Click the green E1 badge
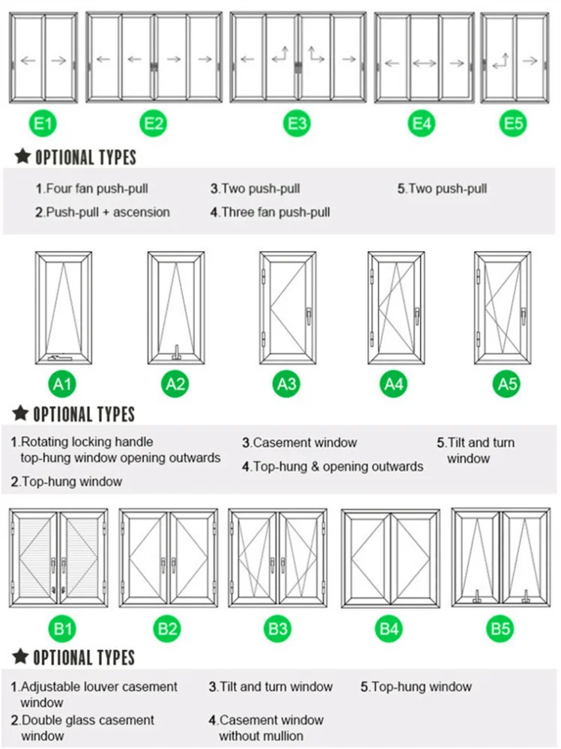click(43, 123)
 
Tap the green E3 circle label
click(297, 123)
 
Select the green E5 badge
click(514, 123)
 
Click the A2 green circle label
click(175, 384)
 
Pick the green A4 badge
click(394, 384)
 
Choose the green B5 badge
click(500, 628)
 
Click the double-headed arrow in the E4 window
click(424, 64)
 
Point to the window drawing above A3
click(287, 308)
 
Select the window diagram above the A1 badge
click(64, 308)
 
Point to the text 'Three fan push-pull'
click(275, 212)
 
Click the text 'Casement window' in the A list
click(304, 443)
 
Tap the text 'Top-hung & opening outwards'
click(337, 467)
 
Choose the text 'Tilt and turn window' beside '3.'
click(275, 687)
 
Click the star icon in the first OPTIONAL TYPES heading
click(22, 157)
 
